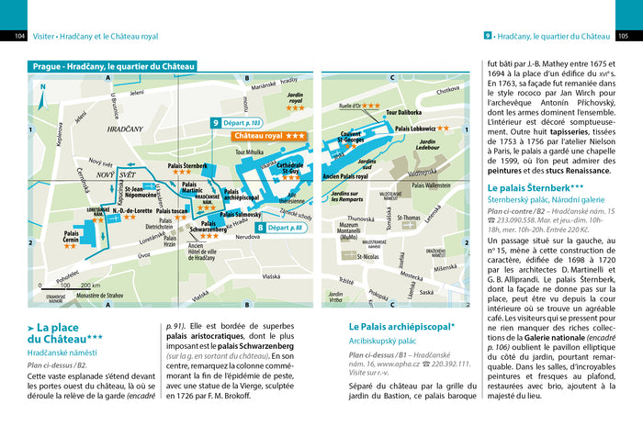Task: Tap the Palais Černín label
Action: [x=77, y=237]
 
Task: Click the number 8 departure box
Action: [x=280, y=227]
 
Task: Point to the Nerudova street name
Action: [x=251, y=237]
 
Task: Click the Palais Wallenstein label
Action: [x=431, y=185]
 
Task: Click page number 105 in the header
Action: [x=624, y=37]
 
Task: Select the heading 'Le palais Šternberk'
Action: [x=534, y=188]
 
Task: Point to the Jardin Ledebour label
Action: [x=427, y=144]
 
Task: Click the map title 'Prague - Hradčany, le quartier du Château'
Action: [x=113, y=66]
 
